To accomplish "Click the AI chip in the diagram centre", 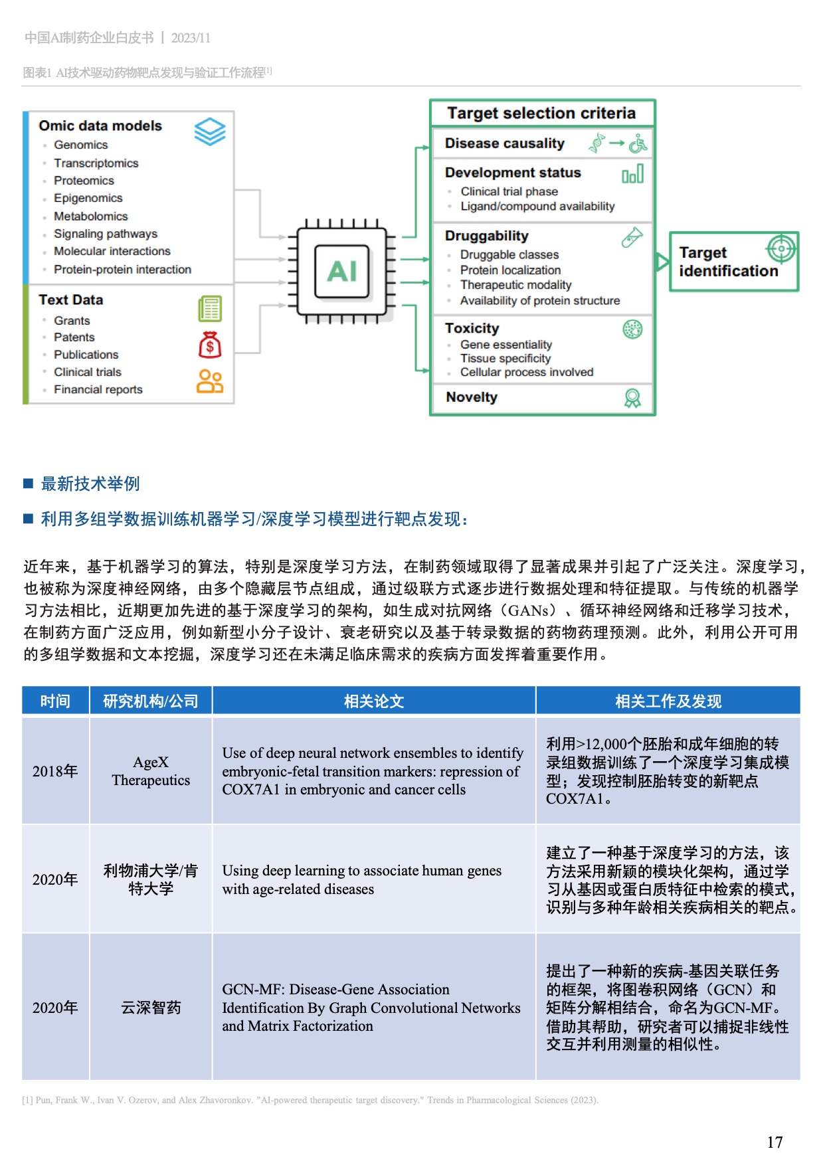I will tap(341, 271).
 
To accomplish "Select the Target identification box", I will tap(733, 262).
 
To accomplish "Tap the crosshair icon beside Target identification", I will tap(781, 249).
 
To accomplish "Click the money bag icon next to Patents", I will tap(210, 345).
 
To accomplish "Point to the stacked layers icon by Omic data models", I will tap(210, 131).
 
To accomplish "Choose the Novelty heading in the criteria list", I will tap(472, 397).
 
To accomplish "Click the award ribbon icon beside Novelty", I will tap(632, 398).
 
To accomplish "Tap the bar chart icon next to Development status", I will tap(632, 174).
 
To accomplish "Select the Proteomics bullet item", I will tap(84, 181).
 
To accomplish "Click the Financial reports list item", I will tap(98, 389).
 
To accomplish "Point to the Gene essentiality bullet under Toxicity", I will tap(505, 345).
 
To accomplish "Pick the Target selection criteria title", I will tap(541, 113).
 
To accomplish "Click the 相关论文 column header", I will tap(374, 701).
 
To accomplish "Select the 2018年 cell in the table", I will tap(55, 771).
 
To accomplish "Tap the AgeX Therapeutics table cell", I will tap(151, 771).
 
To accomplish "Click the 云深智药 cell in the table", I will tap(151, 1008).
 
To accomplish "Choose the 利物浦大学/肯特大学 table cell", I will tap(151, 879).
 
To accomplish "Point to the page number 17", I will tap(775, 1142).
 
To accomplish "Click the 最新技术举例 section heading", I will tap(90, 484).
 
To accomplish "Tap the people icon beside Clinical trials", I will tap(210, 381).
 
